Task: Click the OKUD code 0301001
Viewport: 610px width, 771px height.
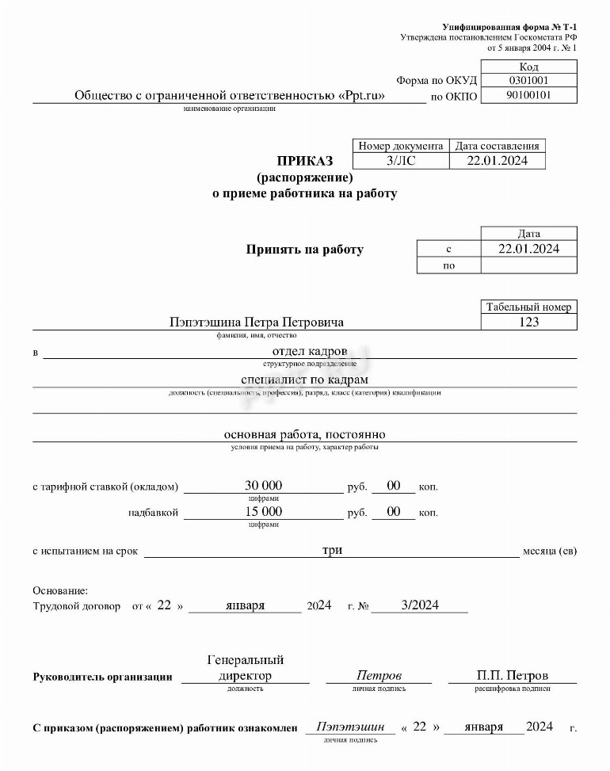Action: coord(528,81)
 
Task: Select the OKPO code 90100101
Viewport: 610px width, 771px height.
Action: coord(528,96)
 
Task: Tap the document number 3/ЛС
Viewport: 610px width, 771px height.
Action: coord(400,161)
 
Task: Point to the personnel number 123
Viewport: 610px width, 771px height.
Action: coord(528,322)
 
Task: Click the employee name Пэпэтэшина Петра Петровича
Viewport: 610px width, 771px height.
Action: coord(257,323)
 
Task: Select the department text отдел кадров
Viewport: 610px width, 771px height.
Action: coord(309,351)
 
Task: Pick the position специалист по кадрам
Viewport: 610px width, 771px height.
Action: coord(305,380)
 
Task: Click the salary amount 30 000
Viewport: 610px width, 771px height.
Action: coord(264,485)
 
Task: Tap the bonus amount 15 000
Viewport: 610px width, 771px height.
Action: coord(264,512)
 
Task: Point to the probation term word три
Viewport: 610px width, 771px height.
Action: coord(332,550)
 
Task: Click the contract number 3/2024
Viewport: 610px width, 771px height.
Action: coord(420,605)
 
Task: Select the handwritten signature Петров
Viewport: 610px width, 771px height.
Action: coord(379,676)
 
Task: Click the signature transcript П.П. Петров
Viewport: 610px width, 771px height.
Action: coord(513,676)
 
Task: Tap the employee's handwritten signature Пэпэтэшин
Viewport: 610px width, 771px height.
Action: coord(350,727)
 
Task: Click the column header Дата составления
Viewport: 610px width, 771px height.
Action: coord(498,146)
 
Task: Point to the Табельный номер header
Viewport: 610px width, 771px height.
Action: coord(528,307)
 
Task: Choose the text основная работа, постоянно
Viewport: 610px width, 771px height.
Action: coord(305,435)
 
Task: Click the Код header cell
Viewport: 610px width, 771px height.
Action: coord(528,67)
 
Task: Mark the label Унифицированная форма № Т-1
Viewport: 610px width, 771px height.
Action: coord(509,28)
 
